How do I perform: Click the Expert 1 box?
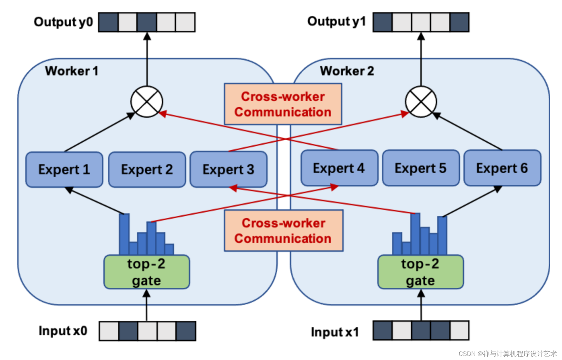(x=64, y=170)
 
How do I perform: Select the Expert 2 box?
(x=147, y=170)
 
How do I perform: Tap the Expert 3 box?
(x=229, y=170)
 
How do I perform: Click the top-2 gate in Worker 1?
(x=147, y=272)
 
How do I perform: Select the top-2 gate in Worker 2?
(x=421, y=272)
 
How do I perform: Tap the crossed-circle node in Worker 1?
(x=147, y=102)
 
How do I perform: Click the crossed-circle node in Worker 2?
(x=421, y=102)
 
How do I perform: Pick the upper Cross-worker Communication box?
(x=283, y=104)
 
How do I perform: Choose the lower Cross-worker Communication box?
(x=284, y=231)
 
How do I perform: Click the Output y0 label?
(x=63, y=22)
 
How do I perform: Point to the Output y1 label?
(x=337, y=22)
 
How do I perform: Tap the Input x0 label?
(x=63, y=331)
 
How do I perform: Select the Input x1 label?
(x=335, y=332)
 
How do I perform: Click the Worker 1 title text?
(x=72, y=71)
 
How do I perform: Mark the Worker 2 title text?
(x=347, y=71)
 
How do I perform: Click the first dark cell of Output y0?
(x=108, y=23)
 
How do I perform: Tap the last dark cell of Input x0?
(x=186, y=331)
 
